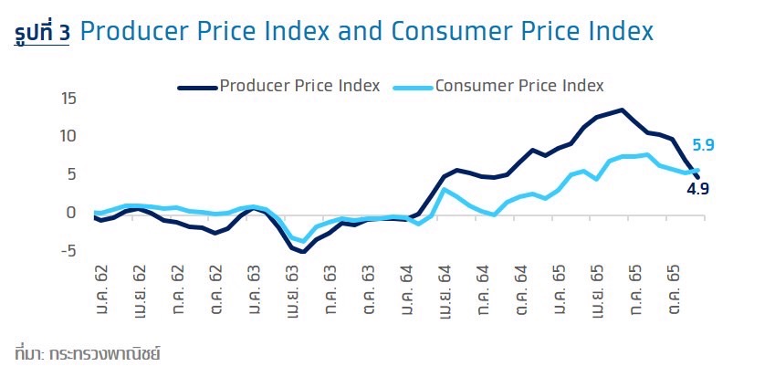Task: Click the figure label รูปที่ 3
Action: pos(42,33)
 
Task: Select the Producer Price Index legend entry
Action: pos(279,87)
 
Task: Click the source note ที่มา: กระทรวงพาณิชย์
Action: pos(88,352)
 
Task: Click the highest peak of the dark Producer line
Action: pos(622,110)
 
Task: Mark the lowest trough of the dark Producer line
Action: pos(303,252)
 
